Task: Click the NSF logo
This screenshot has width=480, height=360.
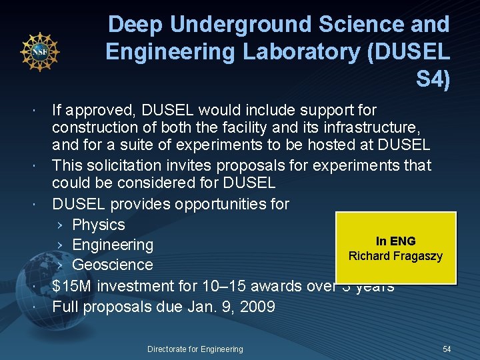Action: click(40, 51)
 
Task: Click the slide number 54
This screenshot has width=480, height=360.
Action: click(447, 349)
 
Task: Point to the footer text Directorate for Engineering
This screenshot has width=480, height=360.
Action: click(195, 349)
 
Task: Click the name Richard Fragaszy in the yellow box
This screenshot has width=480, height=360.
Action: click(395, 256)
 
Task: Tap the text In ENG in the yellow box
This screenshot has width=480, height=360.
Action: click(395, 241)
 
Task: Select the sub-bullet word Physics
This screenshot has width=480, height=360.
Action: click(99, 225)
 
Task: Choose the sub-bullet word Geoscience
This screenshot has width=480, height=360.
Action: click(113, 265)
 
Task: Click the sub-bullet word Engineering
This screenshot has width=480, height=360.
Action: click(113, 245)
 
